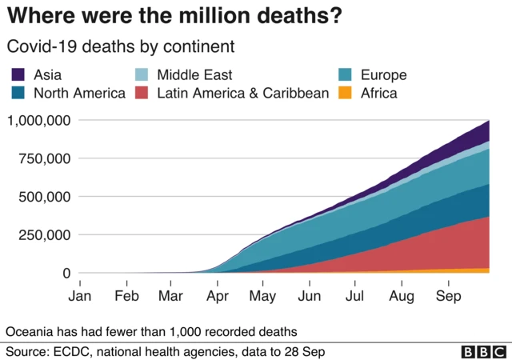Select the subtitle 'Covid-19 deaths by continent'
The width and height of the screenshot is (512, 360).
click(120, 46)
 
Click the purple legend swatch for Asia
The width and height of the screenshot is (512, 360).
click(18, 75)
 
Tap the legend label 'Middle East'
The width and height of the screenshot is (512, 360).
click(194, 75)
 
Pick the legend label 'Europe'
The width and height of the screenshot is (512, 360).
click(383, 75)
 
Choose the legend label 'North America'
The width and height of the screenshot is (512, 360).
click(79, 93)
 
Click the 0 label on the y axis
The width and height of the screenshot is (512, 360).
click(67, 273)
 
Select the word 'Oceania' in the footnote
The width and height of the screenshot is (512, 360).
click(30, 331)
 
